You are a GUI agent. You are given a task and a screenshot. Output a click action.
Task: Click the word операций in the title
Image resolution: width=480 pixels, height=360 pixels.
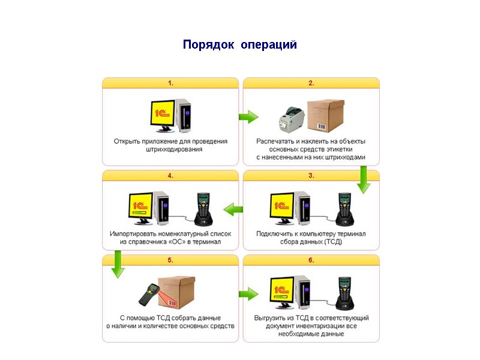click(269, 45)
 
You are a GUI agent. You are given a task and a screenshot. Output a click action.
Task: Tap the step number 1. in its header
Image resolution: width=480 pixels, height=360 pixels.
click(170, 83)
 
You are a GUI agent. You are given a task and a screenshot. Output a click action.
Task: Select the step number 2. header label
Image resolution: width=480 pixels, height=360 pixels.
click(311, 83)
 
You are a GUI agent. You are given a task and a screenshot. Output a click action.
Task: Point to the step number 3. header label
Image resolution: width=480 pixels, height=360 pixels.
click(311, 176)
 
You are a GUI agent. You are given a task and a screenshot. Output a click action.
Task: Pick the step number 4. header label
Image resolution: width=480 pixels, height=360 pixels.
click(170, 176)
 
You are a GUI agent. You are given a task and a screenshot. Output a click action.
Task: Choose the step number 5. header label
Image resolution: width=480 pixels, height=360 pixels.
click(170, 260)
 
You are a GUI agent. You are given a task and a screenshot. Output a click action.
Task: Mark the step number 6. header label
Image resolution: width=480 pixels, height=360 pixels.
click(311, 260)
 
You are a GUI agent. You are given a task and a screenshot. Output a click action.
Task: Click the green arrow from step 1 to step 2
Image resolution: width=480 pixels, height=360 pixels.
click(248, 116)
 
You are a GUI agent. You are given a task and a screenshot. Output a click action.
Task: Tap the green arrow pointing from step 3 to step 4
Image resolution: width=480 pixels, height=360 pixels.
click(233, 209)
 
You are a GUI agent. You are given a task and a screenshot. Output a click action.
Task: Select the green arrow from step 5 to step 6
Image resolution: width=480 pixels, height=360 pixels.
click(248, 293)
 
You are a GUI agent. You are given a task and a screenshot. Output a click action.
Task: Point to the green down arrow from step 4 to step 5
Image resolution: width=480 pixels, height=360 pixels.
click(117, 264)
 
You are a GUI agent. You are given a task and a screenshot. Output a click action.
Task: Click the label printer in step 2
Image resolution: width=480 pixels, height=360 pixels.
click(292, 120)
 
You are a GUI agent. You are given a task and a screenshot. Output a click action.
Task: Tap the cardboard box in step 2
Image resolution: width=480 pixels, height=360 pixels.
click(327, 114)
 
